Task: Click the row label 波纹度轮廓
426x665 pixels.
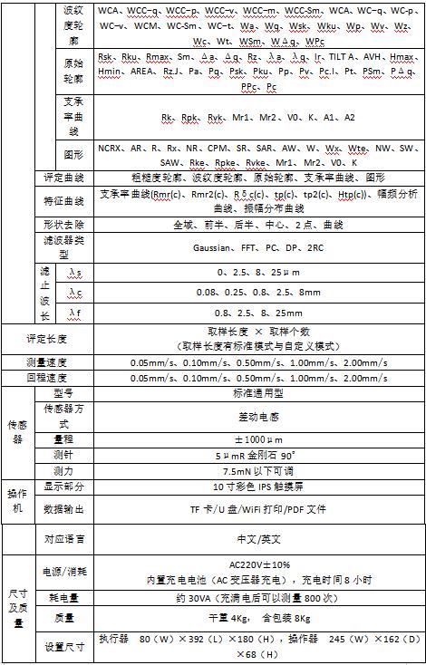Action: pyautogui.click(x=73, y=25)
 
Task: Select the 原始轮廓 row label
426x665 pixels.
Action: pyautogui.click(x=73, y=74)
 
